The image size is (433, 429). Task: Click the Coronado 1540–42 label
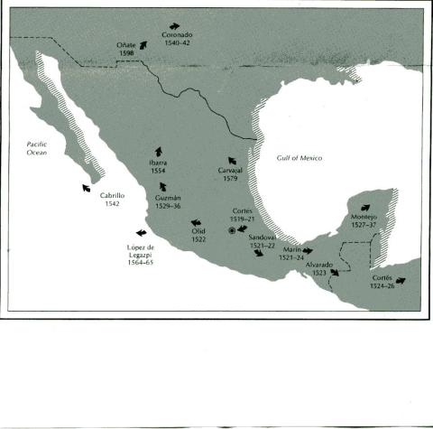coord(178,39)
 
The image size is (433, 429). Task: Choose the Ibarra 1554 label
coord(159,167)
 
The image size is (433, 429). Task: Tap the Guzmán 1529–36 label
coord(169,201)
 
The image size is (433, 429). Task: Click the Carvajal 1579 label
coord(231,174)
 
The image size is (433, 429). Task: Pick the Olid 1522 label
coord(199,235)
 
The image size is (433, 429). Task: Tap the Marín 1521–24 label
coord(291,253)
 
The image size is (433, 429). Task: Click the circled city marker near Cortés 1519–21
coord(232,231)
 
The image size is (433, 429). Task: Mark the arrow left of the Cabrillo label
coord(86,188)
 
